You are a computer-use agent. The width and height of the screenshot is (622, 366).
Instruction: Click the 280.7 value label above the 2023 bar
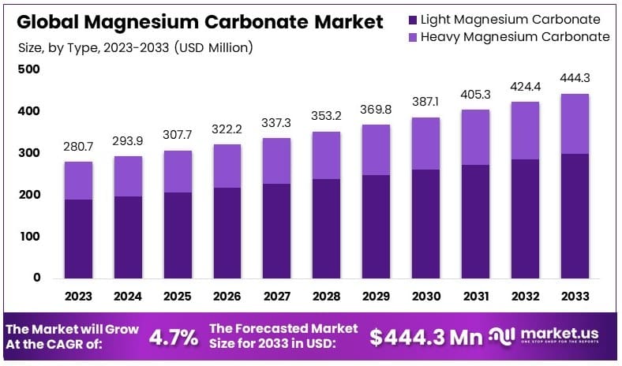(78, 147)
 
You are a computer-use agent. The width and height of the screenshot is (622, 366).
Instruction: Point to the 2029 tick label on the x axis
(376, 297)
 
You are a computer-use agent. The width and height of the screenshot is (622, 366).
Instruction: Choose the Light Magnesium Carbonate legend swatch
(413, 19)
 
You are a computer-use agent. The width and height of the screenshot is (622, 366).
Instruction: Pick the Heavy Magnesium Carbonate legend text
(515, 37)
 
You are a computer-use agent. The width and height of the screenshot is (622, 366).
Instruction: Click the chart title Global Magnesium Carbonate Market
(200, 21)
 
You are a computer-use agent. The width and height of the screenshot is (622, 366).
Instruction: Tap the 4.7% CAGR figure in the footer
(174, 338)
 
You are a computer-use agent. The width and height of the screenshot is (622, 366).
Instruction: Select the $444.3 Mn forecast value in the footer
(425, 338)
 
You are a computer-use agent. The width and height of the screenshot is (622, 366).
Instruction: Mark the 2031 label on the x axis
(475, 297)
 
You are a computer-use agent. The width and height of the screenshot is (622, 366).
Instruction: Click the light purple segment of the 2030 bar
(425, 144)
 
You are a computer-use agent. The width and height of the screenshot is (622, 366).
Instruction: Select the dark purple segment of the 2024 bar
(128, 237)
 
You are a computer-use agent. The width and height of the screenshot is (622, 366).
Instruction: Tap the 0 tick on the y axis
(36, 278)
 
